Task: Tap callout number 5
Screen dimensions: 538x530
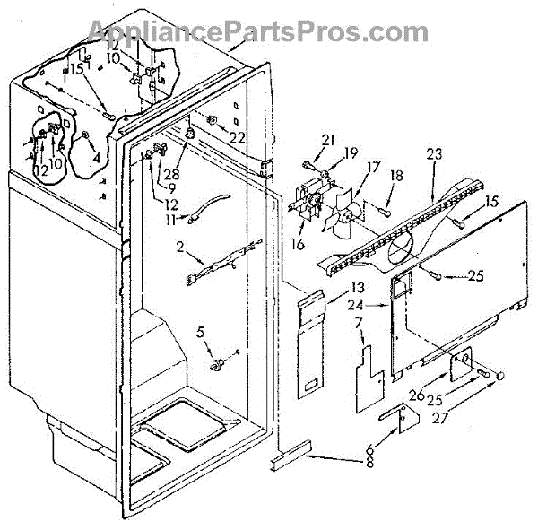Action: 202,333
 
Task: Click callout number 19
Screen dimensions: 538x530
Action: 351,153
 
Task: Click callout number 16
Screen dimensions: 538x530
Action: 298,243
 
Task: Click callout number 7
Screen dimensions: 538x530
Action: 359,323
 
